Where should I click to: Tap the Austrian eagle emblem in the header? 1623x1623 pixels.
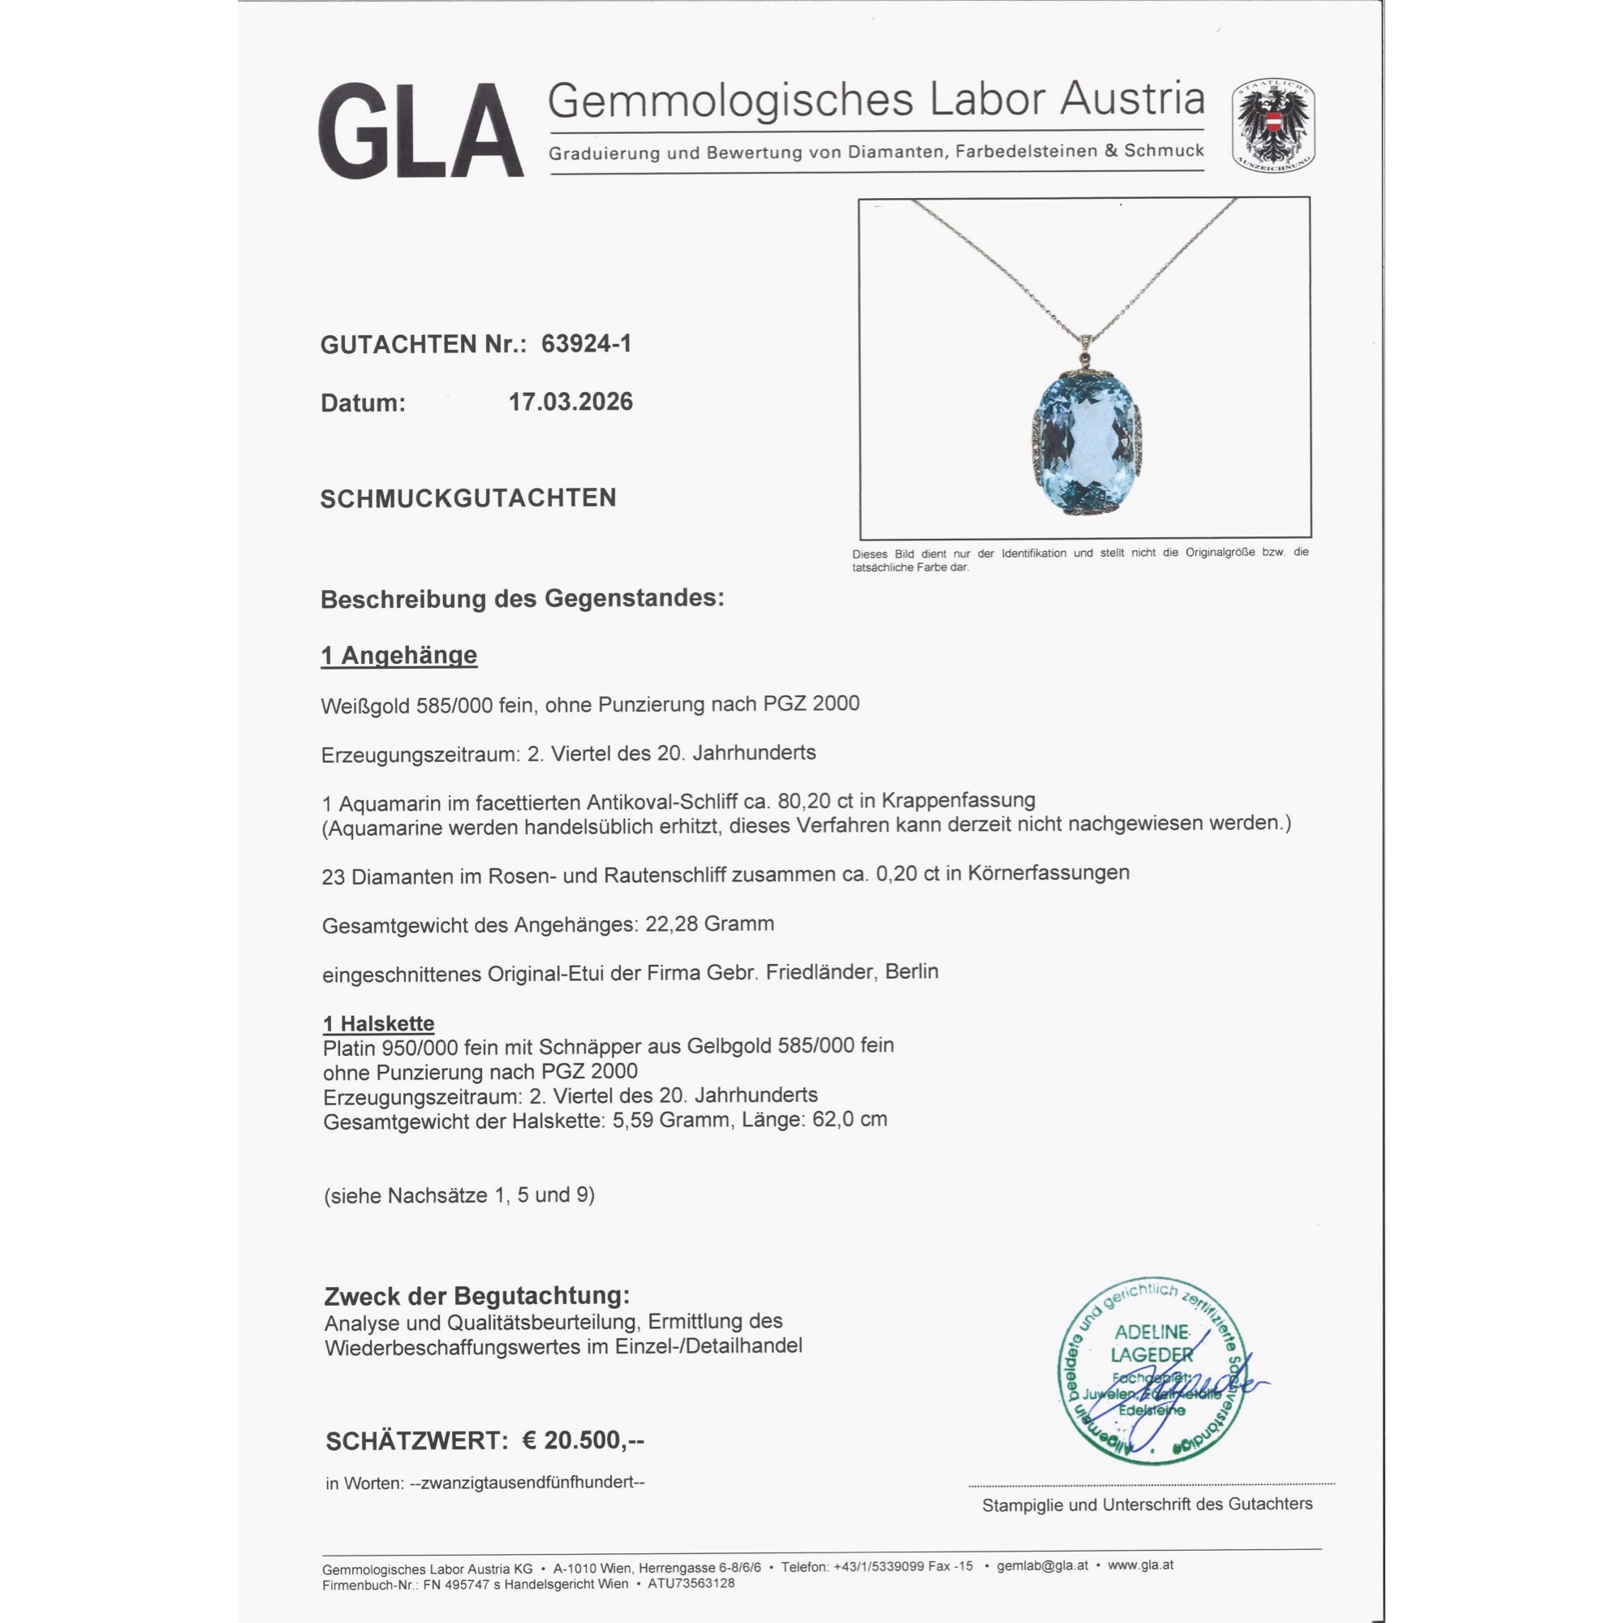(1272, 126)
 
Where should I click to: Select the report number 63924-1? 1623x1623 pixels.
(586, 343)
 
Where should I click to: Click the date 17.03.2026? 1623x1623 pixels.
(570, 402)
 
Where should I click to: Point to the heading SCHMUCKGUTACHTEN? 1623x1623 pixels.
(468, 498)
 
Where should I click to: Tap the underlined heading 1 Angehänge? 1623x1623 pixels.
(399, 655)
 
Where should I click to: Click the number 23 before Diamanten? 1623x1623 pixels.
(334, 877)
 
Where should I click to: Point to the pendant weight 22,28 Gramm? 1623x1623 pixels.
(709, 924)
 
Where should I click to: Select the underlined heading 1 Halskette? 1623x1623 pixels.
(379, 1023)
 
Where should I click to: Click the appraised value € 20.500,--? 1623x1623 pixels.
(583, 1440)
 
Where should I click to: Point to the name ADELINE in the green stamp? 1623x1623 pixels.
(1152, 1332)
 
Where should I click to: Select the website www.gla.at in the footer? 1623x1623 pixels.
(1140, 1565)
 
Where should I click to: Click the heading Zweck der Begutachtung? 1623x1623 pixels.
(476, 1296)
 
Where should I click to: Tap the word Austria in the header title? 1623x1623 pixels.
(1131, 99)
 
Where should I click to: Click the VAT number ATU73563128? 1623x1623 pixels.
(691, 1583)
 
